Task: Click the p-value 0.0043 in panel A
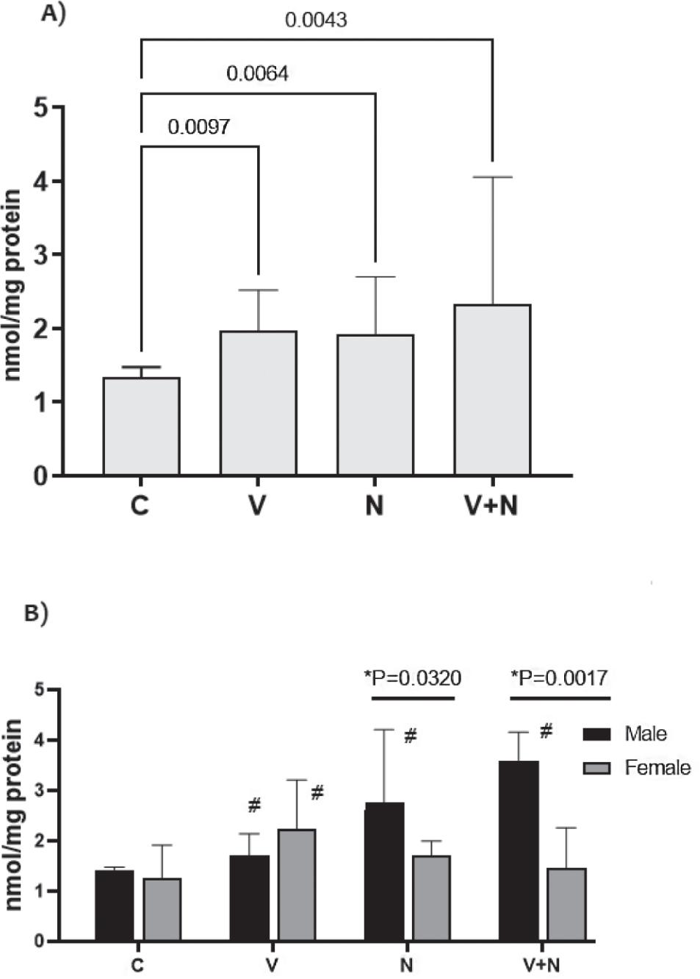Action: click(x=316, y=20)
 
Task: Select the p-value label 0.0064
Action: click(x=257, y=73)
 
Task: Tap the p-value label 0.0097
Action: click(x=198, y=127)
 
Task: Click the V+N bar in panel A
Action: click(x=492, y=390)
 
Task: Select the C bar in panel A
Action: click(x=141, y=426)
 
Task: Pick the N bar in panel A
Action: click(x=375, y=405)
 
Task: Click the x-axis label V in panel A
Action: click(x=257, y=506)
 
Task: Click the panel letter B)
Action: click(x=36, y=613)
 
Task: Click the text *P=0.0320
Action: click(x=413, y=678)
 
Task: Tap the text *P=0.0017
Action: click(x=559, y=678)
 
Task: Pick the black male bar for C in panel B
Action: click(x=115, y=906)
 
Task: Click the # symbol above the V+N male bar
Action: click(x=546, y=731)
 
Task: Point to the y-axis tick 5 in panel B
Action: click(x=40, y=690)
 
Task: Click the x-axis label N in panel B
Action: click(x=406, y=964)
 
